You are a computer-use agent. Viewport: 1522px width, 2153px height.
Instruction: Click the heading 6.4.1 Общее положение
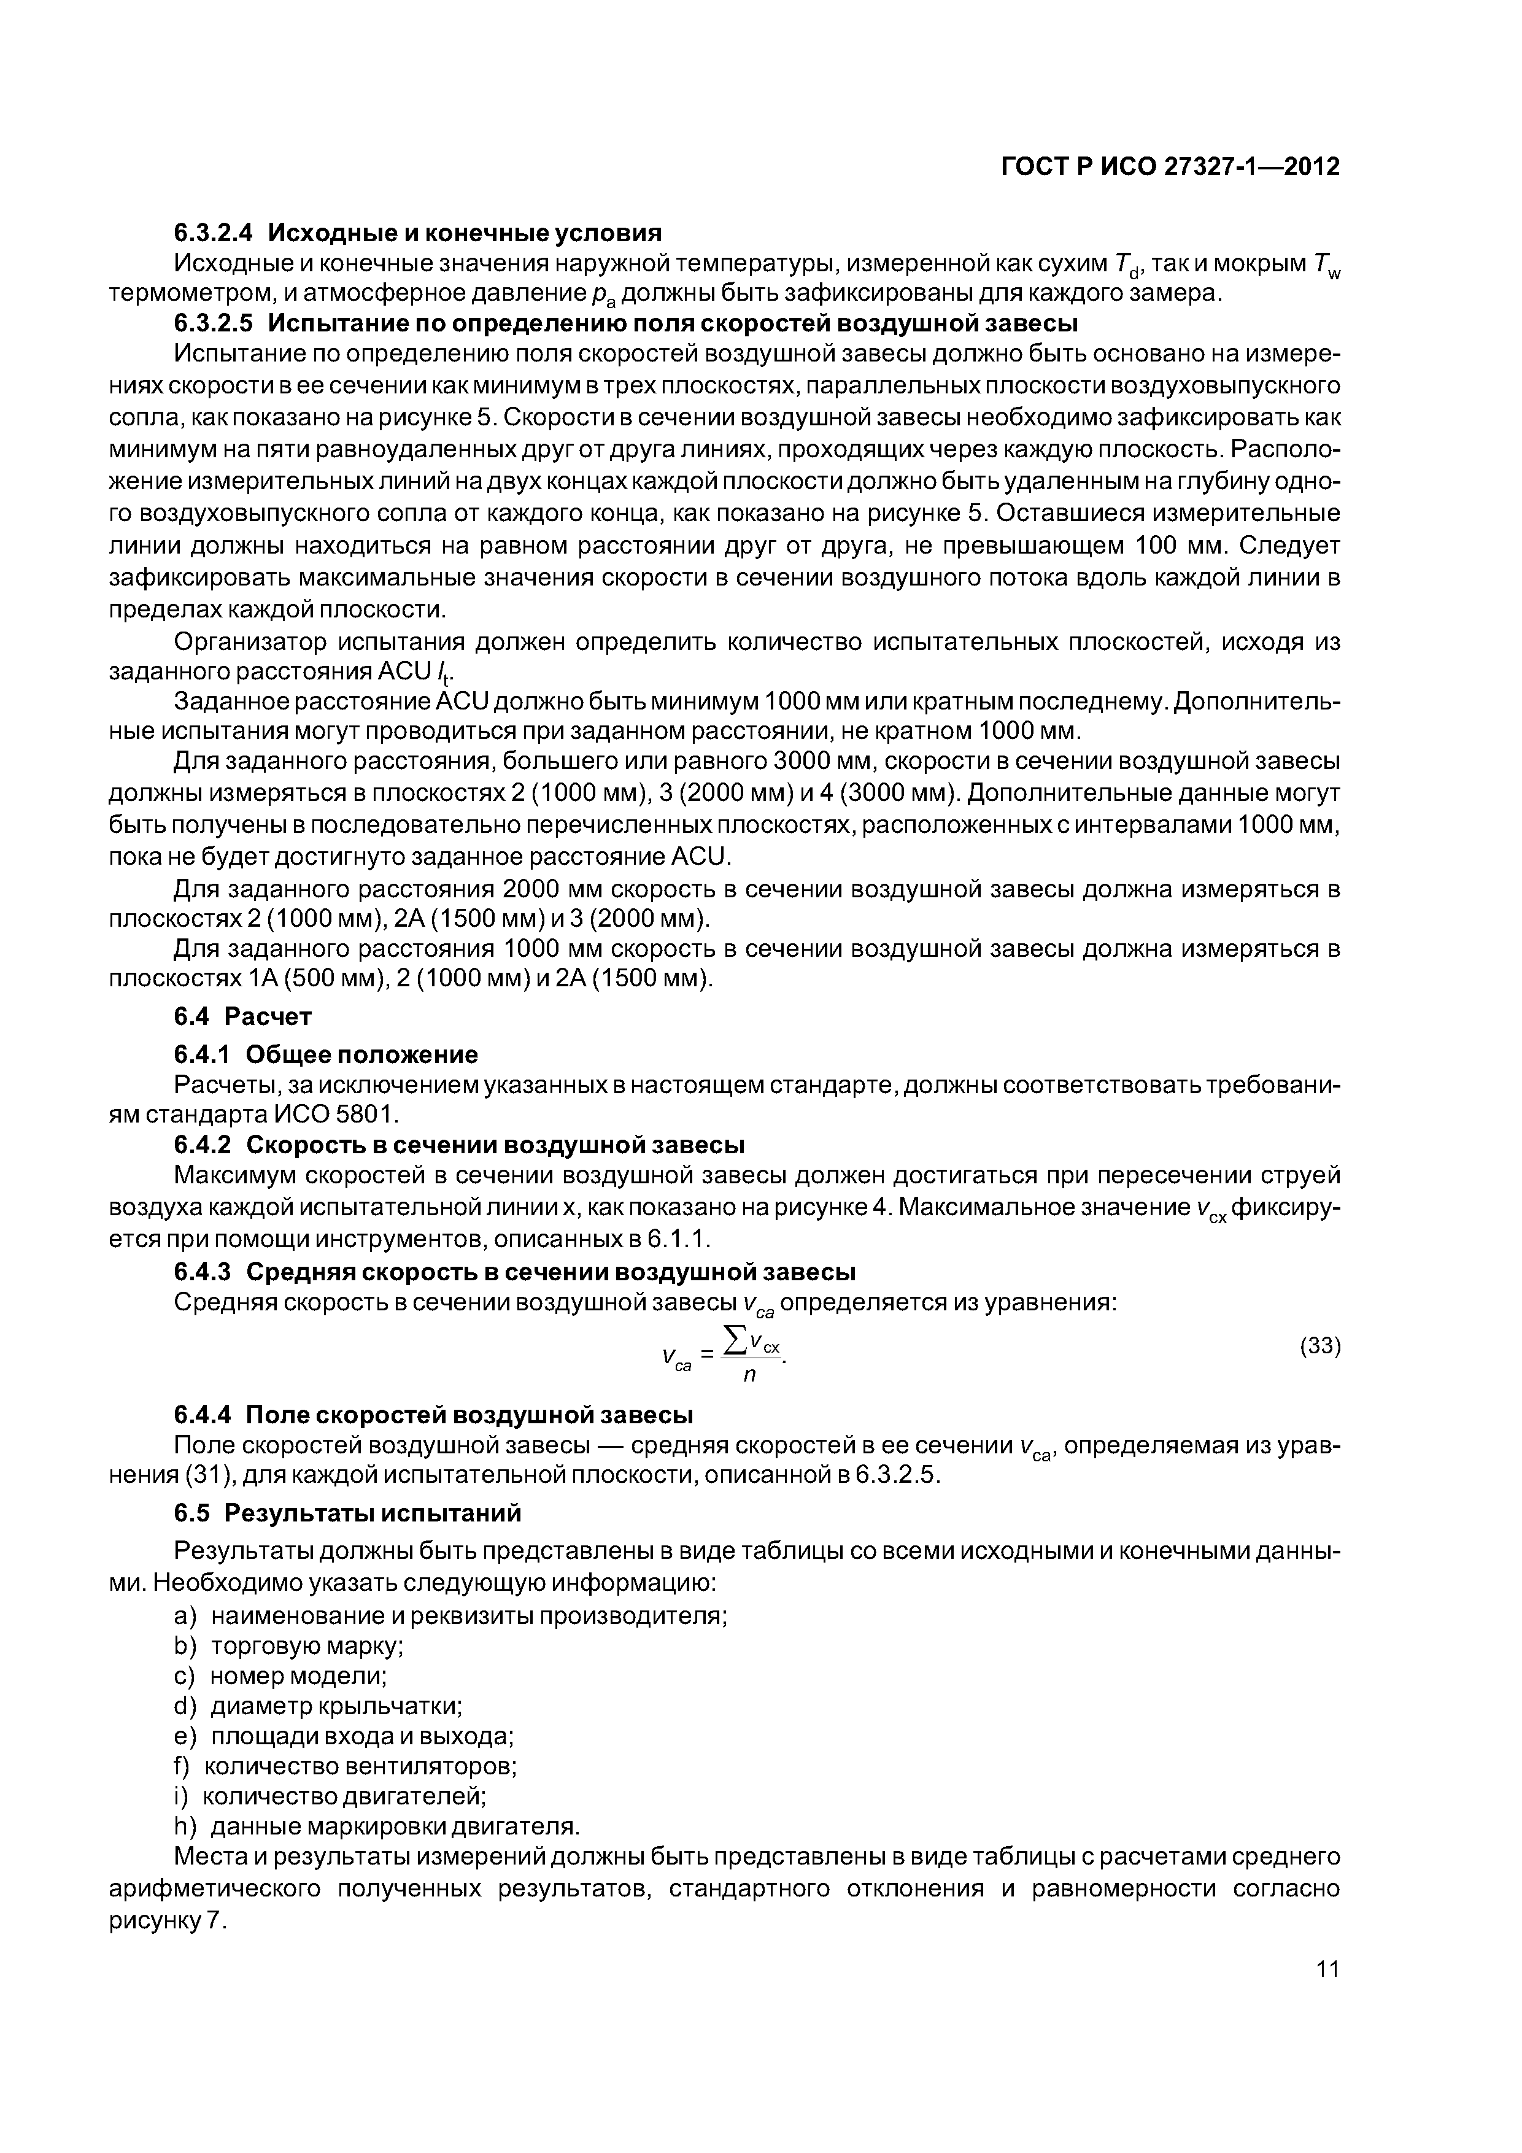[325, 1055]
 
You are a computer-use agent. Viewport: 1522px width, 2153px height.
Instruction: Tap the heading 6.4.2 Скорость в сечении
[460, 1145]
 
